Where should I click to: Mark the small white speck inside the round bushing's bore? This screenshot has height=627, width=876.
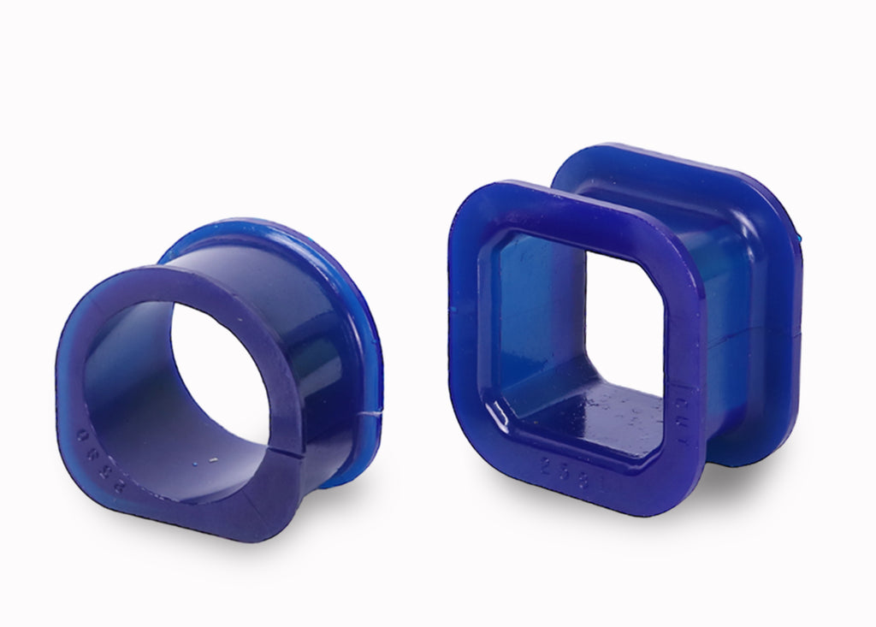pos(213,459)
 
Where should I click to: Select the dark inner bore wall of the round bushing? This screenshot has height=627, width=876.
pos(137,385)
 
